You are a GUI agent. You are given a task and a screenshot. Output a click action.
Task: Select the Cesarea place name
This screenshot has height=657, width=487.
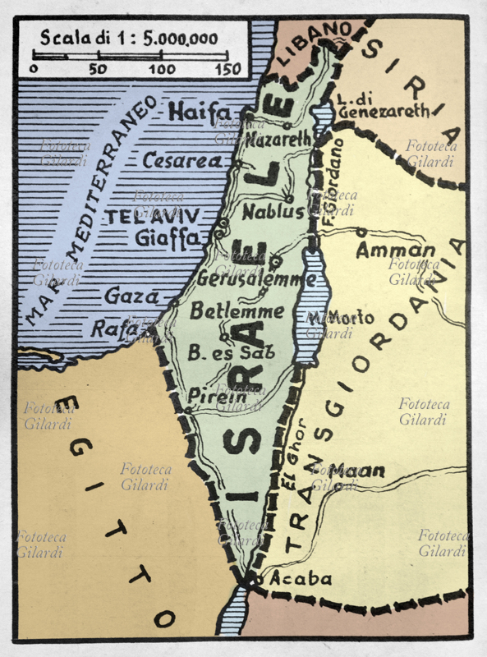click(182, 161)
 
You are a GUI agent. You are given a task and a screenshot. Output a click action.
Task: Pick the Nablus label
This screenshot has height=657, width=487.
click(273, 212)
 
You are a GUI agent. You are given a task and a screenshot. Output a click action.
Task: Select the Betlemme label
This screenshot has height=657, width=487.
click(237, 312)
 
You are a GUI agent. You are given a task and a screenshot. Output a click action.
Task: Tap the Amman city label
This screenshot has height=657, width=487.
click(395, 251)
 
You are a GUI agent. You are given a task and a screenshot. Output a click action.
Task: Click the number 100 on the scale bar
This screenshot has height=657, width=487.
click(161, 69)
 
